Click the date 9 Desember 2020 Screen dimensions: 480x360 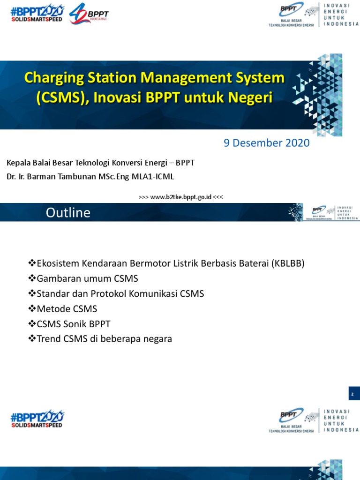(x=266, y=143)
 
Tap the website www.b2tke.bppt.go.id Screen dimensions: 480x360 (x=180, y=197)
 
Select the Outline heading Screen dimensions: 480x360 (x=68, y=213)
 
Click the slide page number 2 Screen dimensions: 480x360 (x=354, y=394)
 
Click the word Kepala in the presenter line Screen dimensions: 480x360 (x=18, y=163)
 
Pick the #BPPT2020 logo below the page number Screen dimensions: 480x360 (x=37, y=418)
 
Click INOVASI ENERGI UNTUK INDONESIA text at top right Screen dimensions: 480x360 (x=341, y=15)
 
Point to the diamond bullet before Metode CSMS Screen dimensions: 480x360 (x=32, y=308)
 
